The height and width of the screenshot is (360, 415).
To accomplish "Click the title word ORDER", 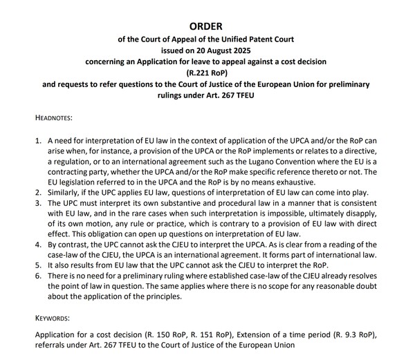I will click(x=207, y=28).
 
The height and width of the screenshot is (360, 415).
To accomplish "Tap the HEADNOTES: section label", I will click(x=59, y=119).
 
